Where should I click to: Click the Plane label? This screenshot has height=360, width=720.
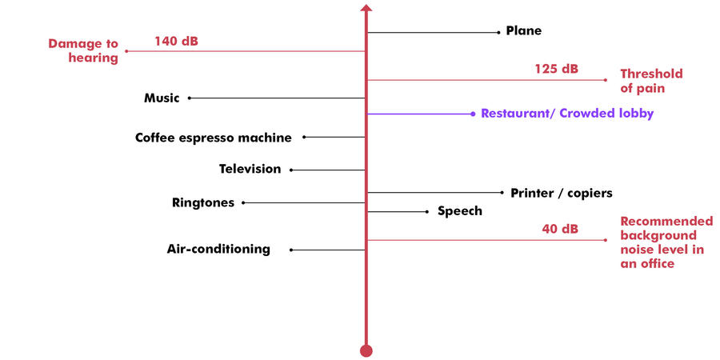[x=523, y=31]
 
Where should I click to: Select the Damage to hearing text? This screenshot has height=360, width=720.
[x=83, y=50]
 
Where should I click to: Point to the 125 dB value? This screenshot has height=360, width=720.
[x=556, y=69]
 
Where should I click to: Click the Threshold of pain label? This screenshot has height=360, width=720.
[x=651, y=81]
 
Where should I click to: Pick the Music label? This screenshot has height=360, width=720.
[x=162, y=98]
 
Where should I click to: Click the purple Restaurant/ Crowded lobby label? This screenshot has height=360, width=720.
[x=567, y=114]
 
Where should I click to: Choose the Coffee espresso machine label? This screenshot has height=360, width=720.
[x=213, y=138]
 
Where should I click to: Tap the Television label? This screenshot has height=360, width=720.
[x=250, y=170]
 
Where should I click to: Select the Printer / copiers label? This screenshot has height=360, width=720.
[x=561, y=193]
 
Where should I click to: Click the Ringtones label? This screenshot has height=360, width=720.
[x=203, y=203]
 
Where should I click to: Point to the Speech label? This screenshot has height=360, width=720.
[x=459, y=211]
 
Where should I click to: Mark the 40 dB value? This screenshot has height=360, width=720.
[x=559, y=229]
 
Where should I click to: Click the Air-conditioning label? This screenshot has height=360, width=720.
[x=218, y=249]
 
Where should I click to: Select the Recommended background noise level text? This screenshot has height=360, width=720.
[x=666, y=242]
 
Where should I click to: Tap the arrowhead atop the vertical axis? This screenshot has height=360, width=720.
[x=366, y=9]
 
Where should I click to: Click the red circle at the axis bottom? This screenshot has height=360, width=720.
[x=366, y=350]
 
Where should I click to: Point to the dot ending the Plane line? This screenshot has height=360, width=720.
[x=498, y=33]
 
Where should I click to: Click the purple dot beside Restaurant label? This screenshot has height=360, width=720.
[x=473, y=114]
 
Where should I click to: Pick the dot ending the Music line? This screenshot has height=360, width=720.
[x=190, y=98]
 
